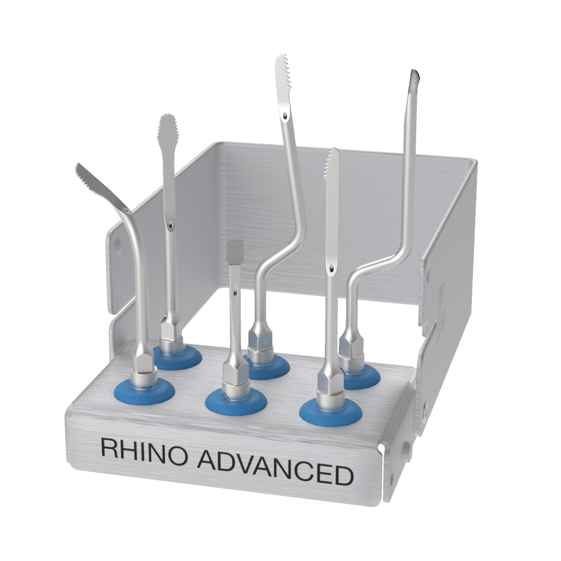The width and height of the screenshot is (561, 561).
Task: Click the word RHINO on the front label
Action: (144, 448)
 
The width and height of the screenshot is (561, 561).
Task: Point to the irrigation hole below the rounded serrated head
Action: (169, 226)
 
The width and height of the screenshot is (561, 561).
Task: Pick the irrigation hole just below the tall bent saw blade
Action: (287, 117)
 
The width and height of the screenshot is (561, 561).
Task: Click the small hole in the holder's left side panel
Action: (117, 245)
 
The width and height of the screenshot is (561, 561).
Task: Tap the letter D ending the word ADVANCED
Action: (343, 476)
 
